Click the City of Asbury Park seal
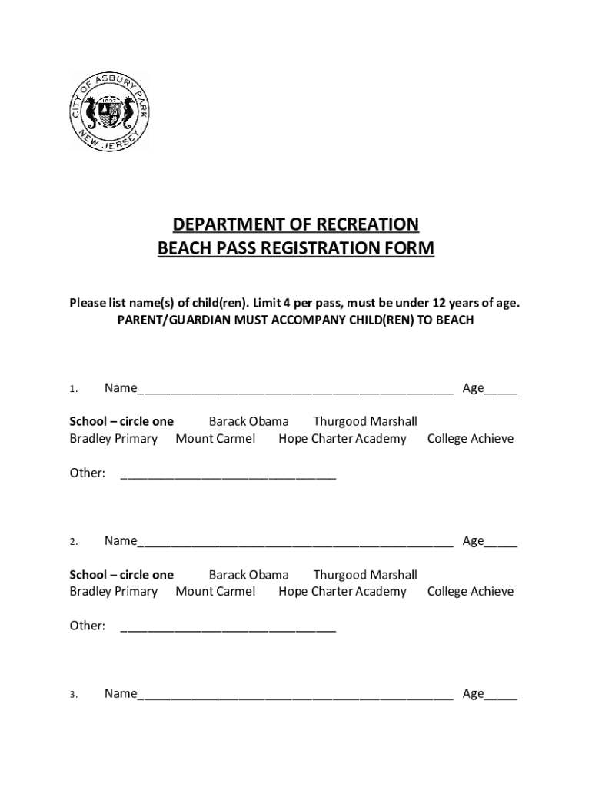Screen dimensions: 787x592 pos(110,112)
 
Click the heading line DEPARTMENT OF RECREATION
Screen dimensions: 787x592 pos(296,224)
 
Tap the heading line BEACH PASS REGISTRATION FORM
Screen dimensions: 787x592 pos(296,249)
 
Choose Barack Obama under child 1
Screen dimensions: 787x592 pos(248,421)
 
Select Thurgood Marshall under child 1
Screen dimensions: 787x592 pos(365,421)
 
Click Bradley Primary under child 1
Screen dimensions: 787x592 pos(114,439)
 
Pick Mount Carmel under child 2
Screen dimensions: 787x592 pos(215,592)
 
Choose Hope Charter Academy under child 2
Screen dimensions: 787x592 pos(342,592)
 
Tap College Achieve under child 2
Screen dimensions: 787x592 pos(471,592)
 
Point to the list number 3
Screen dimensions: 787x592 pos(73,695)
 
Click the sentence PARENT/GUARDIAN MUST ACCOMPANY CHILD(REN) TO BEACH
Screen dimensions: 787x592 pos(295,320)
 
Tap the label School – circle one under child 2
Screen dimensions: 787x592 pos(121,575)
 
